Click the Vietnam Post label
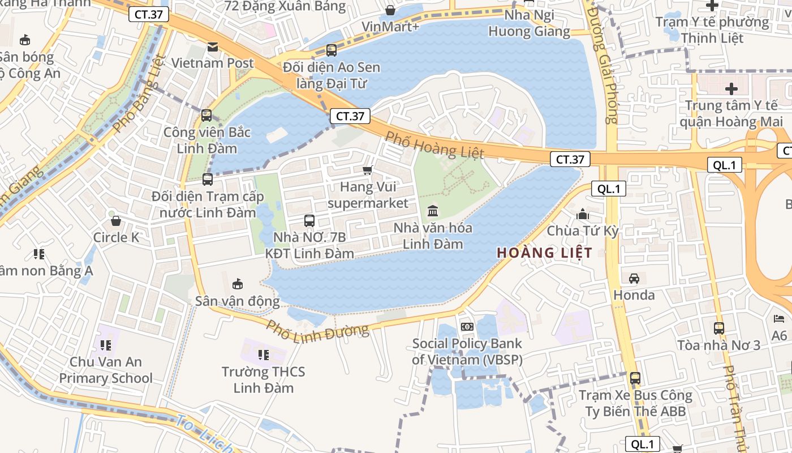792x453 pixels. [212, 63]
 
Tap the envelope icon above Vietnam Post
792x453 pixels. [212, 47]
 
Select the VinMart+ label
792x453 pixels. [390, 27]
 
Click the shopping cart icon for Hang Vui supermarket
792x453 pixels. [368, 170]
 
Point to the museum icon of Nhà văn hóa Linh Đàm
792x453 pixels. [433, 211]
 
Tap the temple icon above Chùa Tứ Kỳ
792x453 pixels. [582, 215]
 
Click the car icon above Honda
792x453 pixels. [634, 279]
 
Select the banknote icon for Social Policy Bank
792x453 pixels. [467, 327]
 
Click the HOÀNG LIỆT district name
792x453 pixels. [544, 253]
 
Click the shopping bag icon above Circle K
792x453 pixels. [116, 221]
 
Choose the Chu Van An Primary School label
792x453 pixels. [106, 370]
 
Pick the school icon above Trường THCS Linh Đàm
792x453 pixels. [263, 355]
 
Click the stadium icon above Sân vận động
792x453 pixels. [238, 284]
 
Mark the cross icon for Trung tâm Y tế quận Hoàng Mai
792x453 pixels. [731, 89]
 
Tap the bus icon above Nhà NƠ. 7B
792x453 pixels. [309, 221]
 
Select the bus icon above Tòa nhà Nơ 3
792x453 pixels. [718, 328]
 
